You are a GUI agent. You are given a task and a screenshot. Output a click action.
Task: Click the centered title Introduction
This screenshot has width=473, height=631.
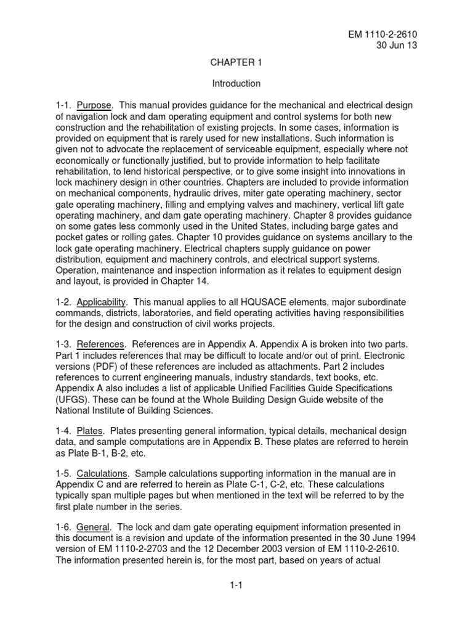coord(236,83)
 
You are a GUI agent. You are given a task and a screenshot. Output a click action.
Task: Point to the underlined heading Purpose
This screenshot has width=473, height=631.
coord(94,105)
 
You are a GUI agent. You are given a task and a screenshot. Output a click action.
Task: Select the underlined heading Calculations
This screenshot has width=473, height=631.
coord(102,473)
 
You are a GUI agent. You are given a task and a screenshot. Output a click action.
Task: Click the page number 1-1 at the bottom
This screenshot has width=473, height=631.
coord(236,586)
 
